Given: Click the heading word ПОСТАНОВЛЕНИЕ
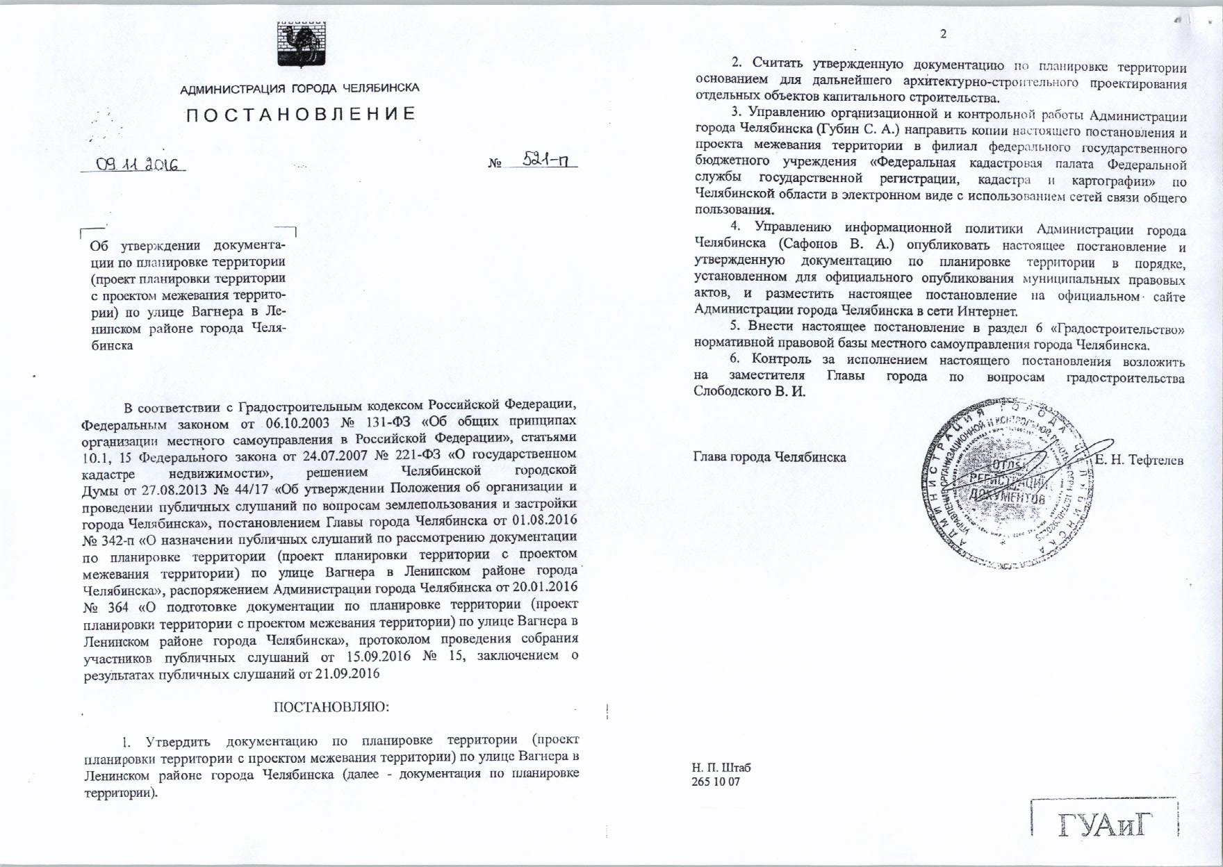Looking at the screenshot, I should (x=300, y=114).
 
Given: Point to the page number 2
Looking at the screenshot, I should (x=943, y=34).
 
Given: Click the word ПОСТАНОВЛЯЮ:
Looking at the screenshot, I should (x=331, y=707).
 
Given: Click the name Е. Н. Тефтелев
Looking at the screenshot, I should (x=1139, y=459).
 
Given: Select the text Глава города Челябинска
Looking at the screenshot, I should (x=769, y=457).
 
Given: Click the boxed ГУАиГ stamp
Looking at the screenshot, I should (x=1105, y=825).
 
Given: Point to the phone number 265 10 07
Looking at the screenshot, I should (x=716, y=782).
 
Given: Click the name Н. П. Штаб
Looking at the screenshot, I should (x=721, y=768).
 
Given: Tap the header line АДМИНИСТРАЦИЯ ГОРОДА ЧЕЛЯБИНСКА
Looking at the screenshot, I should (x=299, y=88).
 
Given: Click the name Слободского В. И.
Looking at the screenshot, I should (x=749, y=391).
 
